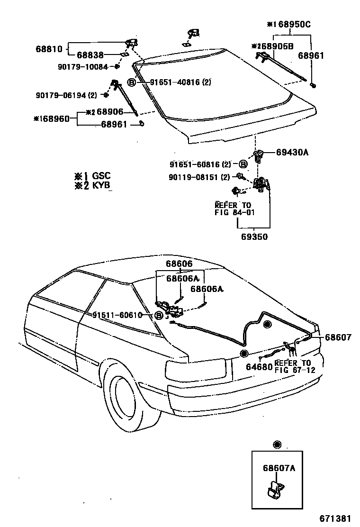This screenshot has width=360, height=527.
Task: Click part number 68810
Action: pyautogui.click(x=49, y=48)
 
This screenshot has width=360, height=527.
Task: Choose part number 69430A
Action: pyautogui.click(x=292, y=153)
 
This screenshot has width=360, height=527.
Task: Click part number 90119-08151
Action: pyautogui.click(x=199, y=177)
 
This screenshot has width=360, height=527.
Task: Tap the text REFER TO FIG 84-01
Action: pyautogui.click(x=235, y=209)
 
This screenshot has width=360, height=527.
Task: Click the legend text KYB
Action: pyautogui.click(x=101, y=186)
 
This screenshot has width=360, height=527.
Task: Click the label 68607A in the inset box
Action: pyautogui.click(x=279, y=468)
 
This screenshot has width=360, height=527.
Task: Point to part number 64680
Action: pyautogui.click(x=259, y=366)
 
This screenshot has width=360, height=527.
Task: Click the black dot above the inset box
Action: pyautogui.click(x=277, y=445)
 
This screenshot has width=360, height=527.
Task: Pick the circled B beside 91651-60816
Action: pyautogui.click(x=242, y=164)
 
